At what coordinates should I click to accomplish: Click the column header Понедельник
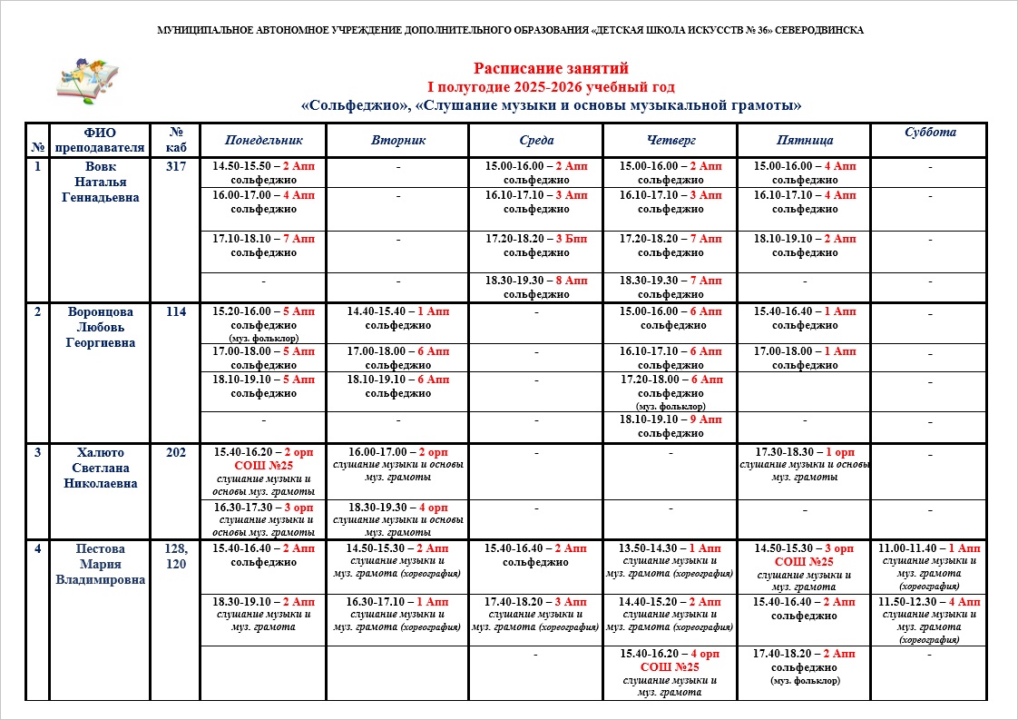263,141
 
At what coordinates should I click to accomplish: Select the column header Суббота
929,133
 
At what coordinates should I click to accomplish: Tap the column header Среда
536,141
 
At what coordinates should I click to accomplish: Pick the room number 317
176,167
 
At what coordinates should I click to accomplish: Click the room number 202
176,452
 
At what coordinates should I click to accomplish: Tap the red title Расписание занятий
551,68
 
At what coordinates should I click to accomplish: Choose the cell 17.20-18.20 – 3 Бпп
536,245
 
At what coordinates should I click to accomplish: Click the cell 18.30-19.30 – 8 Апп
536,288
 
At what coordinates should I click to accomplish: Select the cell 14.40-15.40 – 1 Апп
398,318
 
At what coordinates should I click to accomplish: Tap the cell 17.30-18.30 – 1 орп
804,464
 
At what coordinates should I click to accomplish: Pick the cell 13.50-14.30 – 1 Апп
671,561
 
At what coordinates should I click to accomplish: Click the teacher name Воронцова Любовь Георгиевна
101,327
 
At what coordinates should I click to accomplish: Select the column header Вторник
398,141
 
